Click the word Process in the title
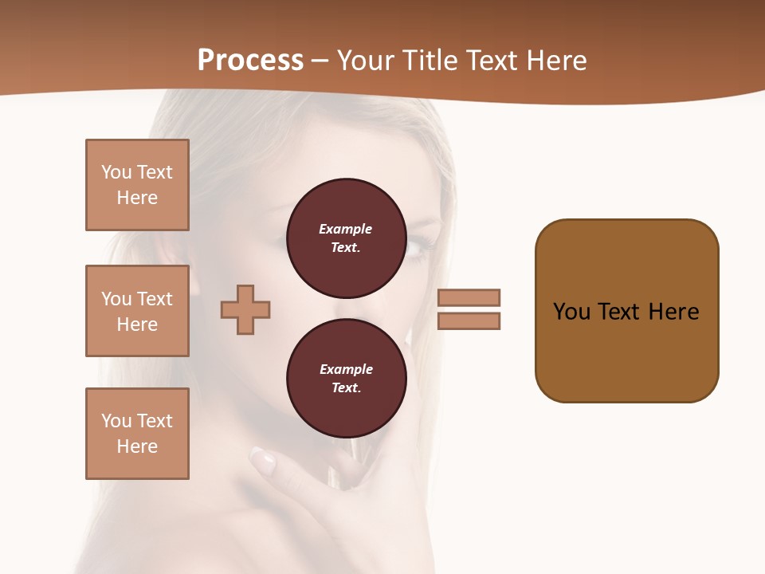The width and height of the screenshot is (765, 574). [250, 61]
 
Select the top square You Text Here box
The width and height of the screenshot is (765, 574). [137, 185]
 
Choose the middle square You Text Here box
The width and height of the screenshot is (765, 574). [137, 311]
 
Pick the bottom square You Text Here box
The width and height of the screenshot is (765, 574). [137, 434]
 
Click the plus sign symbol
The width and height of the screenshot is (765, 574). [245, 309]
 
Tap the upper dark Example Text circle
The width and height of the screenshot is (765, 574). [346, 238]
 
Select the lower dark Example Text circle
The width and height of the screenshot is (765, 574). [346, 378]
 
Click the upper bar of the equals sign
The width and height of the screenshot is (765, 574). [469, 297]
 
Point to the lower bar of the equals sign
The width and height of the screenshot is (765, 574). [469, 320]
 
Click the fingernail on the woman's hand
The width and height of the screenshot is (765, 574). [263, 459]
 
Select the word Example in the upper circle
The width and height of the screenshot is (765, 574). [346, 229]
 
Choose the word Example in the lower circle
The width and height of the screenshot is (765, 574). [346, 369]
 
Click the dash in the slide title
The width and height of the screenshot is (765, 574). [320, 61]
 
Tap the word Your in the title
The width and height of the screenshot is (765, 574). [364, 61]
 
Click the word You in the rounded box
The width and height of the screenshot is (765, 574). [571, 312]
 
